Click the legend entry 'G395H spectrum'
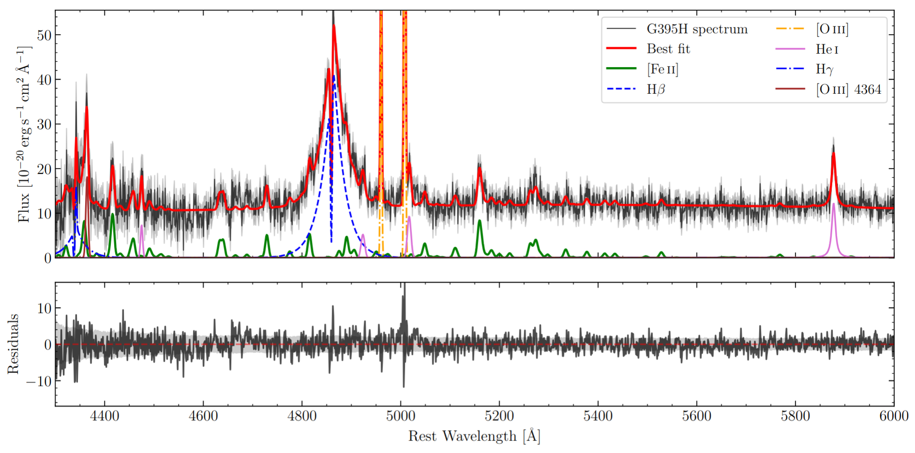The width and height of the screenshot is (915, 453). coord(696,29)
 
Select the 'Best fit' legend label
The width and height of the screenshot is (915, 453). coord(668,49)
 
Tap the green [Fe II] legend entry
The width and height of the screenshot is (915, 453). coord(663,70)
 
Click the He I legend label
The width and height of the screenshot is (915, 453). coord(827,49)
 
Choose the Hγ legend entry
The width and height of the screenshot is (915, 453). coord(825,70)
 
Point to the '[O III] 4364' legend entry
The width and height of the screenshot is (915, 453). coord(848,89)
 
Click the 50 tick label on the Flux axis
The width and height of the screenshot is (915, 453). coord(44,35)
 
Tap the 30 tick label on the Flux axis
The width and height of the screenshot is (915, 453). coord(44,124)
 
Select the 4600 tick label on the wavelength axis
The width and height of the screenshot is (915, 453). coord(203,416)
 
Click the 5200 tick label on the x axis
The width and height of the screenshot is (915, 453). coord(499,416)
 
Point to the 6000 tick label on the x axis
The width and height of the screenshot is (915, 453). coord(893,416)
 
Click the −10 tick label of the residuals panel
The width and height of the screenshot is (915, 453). coord(39,381)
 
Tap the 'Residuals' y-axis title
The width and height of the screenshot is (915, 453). coord(13,344)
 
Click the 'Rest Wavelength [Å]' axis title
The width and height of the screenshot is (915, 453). coord(474,437)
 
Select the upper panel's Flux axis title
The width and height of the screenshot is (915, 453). coord(23,134)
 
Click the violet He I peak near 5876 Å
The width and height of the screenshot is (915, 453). coord(833,205)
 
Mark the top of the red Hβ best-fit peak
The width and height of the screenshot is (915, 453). coord(334,27)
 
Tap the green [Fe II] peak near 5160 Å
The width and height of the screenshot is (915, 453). coord(479,221)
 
